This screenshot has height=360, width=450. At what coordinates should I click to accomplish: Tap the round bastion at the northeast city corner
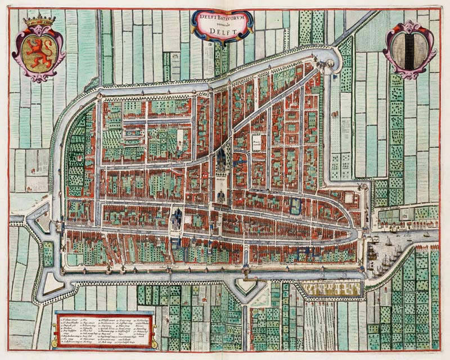(x=334, y=57)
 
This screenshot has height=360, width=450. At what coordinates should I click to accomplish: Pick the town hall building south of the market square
(x=220, y=196)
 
